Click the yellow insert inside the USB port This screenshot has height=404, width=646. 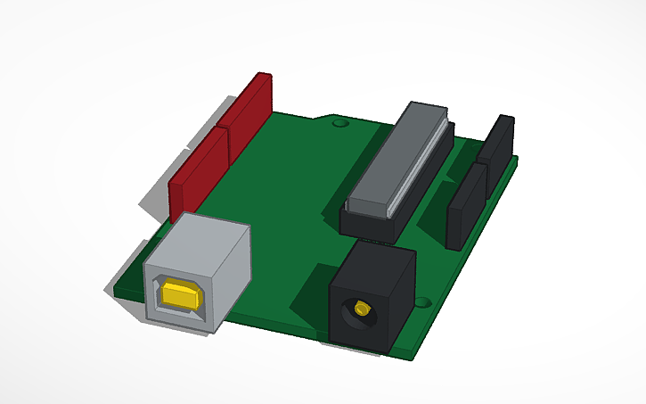(x=181, y=294)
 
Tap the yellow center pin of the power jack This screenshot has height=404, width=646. (x=361, y=309)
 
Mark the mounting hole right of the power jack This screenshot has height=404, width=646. (x=422, y=302)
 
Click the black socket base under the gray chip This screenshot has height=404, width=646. (x=365, y=223)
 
